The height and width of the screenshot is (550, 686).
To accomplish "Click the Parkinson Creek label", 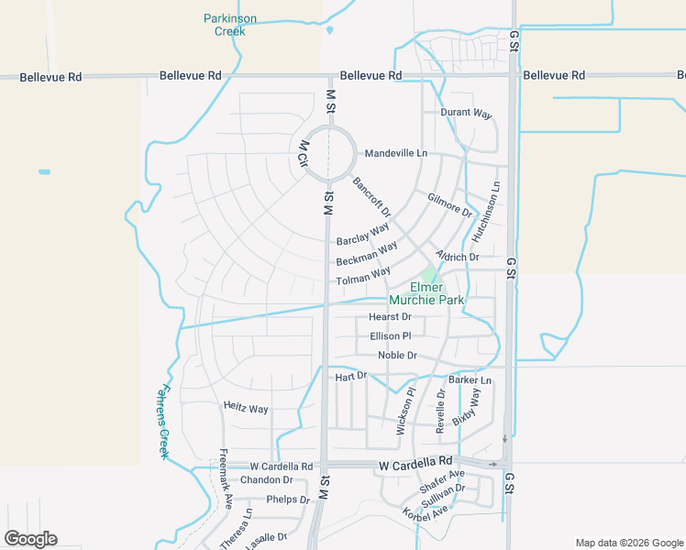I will (x=229, y=25).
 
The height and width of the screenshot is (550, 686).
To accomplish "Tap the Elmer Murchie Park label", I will (x=426, y=293).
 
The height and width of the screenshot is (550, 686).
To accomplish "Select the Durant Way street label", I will (x=466, y=114).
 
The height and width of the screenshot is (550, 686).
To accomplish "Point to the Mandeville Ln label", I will (x=396, y=153).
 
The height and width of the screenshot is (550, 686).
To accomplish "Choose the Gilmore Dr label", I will (x=449, y=204).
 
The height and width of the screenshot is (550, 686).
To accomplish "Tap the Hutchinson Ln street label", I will (x=486, y=212).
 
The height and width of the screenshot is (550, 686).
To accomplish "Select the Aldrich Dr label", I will (x=457, y=258).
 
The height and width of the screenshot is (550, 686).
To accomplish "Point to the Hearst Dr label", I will (x=390, y=317).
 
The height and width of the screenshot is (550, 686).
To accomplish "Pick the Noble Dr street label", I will (x=397, y=356).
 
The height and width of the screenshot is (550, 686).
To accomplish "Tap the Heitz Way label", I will (x=246, y=408).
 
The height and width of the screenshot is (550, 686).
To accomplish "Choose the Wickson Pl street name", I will (x=404, y=411).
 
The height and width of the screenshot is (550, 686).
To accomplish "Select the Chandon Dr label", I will (x=266, y=480).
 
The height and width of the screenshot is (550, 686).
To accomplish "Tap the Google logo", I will (x=30, y=539).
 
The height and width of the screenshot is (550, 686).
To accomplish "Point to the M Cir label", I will (x=302, y=152).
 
